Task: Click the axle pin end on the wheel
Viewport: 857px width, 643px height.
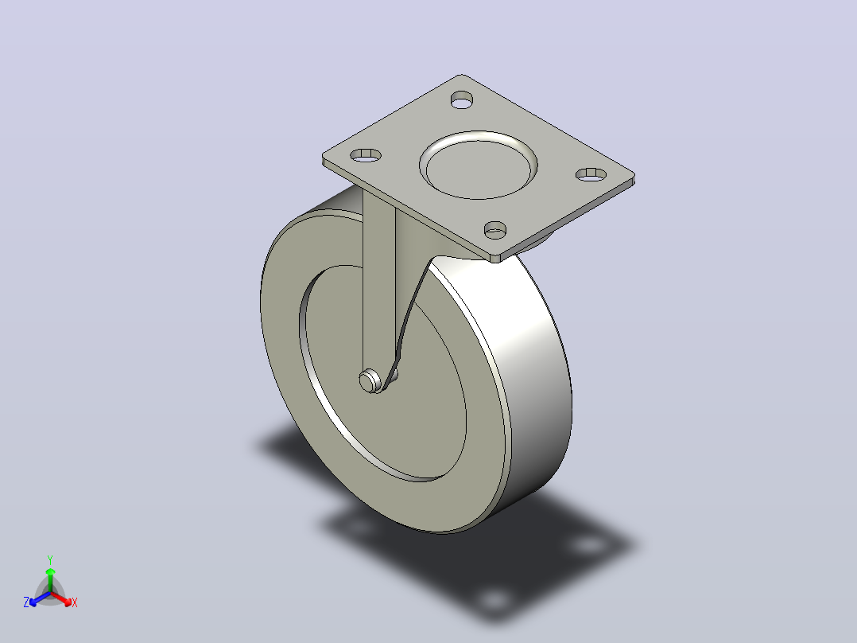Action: [x=370, y=381]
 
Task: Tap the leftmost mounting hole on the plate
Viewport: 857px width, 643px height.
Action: [x=366, y=155]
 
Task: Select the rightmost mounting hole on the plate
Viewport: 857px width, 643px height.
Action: [x=591, y=174]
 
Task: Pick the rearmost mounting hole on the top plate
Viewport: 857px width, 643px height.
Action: [x=462, y=99]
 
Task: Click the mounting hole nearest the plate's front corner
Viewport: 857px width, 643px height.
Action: [x=495, y=230]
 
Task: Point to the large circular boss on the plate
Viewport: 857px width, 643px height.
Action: [x=479, y=165]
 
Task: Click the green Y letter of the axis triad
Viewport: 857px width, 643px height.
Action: [x=50, y=559]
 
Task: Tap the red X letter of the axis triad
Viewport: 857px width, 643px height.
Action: [x=75, y=602]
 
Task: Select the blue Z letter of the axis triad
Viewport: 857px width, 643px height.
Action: [x=26, y=602]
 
